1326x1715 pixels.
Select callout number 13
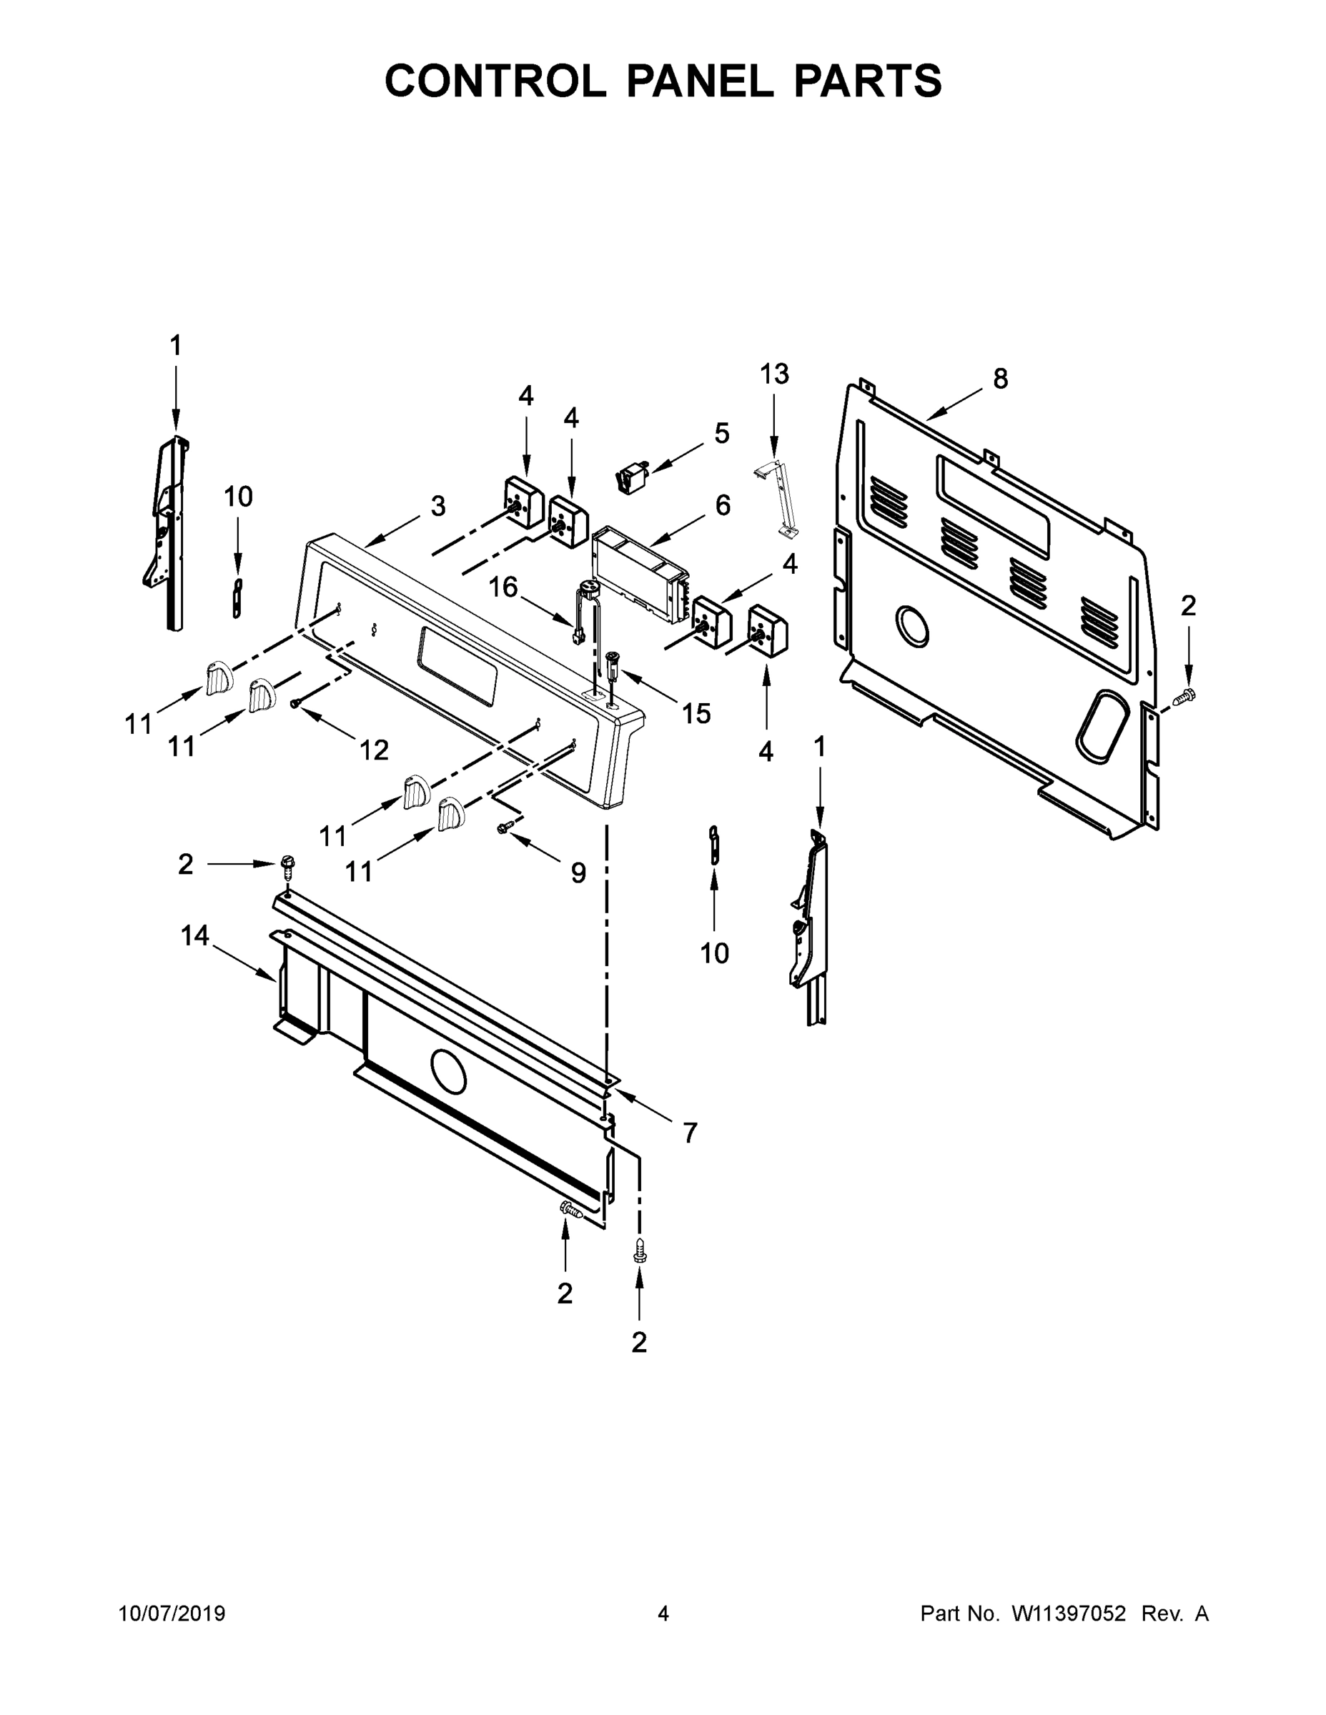[773, 374]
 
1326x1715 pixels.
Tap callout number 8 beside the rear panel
[1000, 379]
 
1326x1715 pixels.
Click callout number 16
[503, 587]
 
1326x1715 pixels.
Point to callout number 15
[696, 713]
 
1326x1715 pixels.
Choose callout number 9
[578, 872]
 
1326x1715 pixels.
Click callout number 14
[195, 935]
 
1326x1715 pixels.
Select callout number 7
[690, 1133]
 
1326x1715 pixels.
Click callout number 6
[723, 505]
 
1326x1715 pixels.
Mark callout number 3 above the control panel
[437, 507]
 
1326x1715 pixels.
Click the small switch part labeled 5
[632, 477]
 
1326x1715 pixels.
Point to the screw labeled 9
[507, 826]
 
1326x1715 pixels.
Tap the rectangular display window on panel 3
[458, 665]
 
